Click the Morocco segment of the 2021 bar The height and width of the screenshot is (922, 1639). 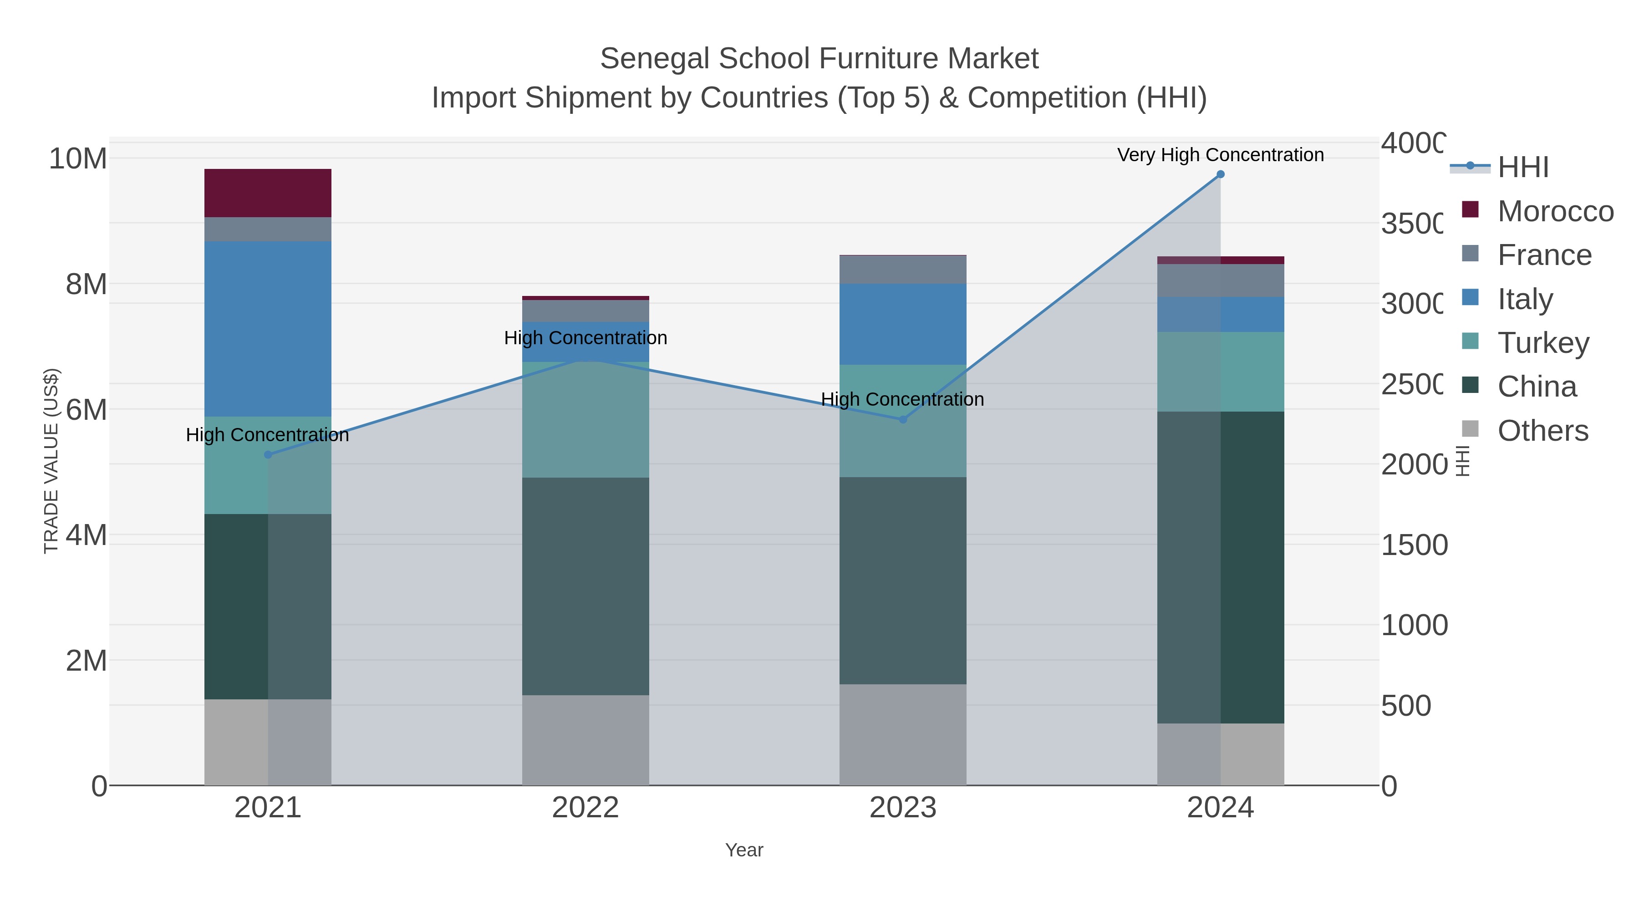click(267, 193)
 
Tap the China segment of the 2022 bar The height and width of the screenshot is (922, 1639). click(585, 586)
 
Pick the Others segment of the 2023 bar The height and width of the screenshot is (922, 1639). click(902, 734)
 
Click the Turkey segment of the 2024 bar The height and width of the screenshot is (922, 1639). click(1220, 372)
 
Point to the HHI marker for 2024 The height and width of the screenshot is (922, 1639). click(1220, 174)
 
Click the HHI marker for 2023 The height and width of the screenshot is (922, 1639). click(902, 419)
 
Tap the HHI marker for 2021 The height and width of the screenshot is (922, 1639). click(268, 454)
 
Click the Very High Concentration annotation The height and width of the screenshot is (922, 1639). click(1220, 155)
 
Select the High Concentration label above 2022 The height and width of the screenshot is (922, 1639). click(585, 338)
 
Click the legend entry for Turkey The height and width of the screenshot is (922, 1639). click(1542, 343)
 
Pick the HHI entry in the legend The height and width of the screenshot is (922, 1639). click(1522, 168)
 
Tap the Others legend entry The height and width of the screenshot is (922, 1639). click(1542, 431)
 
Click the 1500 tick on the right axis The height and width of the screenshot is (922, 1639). click(1413, 545)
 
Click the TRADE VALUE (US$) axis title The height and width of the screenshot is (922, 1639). click(51, 461)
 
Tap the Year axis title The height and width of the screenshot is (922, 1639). click(744, 850)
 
